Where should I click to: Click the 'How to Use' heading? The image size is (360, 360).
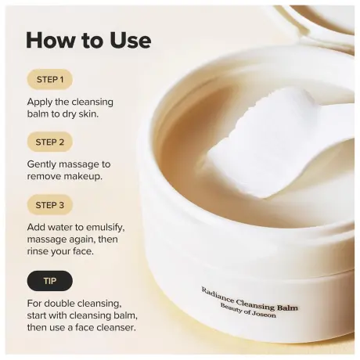click(x=88, y=40)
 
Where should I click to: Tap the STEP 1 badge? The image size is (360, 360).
click(x=49, y=79)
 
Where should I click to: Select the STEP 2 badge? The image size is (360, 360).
click(x=49, y=142)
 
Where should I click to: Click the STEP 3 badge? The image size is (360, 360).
click(x=49, y=205)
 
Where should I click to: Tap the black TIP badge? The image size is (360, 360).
click(x=49, y=280)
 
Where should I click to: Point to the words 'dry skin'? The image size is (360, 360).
click(x=91, y=115)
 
